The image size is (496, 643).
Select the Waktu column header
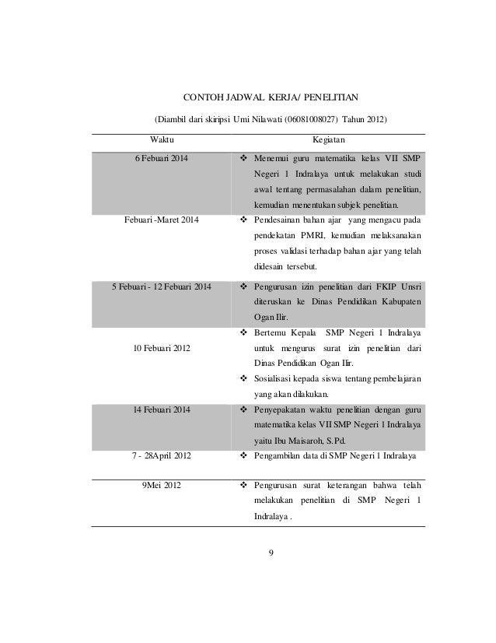pyautogui.click(x=162, y=141)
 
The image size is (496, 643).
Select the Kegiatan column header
pyautogui.click(x=329, y=141)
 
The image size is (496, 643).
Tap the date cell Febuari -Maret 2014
pyautogui.click(x=162, y=221)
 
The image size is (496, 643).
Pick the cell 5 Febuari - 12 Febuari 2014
pyautogui.click(x=162, y=287)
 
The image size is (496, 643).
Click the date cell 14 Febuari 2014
pyautogui.click(x=162, y=410)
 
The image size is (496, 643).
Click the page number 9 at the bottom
pyautogui.click(x=269, y=553)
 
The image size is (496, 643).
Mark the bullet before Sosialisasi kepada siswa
pyautogui.click(x=244, y=379)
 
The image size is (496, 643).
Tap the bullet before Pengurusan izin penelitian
pyautogui.click(x=244, y=287)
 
